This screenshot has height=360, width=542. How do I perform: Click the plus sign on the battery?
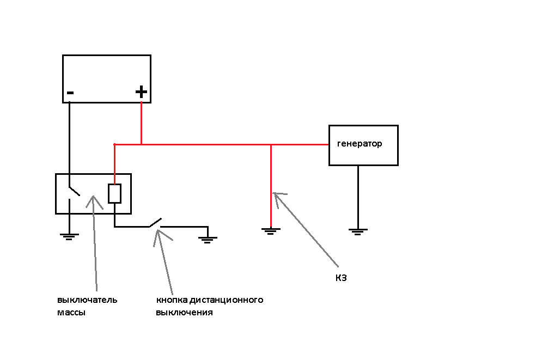pyautogui.click(x=141, y=92)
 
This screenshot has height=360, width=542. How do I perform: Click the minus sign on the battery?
pyautogui.click(x=70, y=93)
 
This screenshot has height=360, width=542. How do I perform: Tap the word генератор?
pyautogui.click(x=360, y=144)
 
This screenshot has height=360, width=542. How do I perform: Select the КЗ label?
pyautogui.click(x=341, y=278)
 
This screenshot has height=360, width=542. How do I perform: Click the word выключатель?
pyautogui.click(x=87, y=300)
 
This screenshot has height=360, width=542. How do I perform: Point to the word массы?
pyautogui.click(x=71, y=313)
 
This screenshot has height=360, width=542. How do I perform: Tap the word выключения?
pyautogui.click(x=184, y=313)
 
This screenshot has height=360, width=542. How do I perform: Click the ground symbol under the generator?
pyautogui.click(x=357, y=231)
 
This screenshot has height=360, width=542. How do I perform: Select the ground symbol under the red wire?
pyautogui.click(x=271, y=230)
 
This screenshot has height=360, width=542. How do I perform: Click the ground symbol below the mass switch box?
pyautogui.click(x=69, y=236)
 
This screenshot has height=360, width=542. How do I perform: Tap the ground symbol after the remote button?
pyautogui.click(x=208, y=238)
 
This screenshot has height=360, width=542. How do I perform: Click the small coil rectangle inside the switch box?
pyautogui.click(x=114, y=193)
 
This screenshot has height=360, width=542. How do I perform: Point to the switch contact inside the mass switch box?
pyautogui.click(x=74, y=192)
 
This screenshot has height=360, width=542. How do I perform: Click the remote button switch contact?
pyautogui.click(x=155, y=223)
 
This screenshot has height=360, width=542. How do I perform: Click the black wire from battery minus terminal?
pyautogui.click(x=69, y=142)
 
